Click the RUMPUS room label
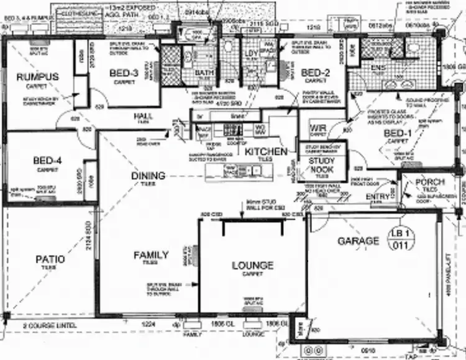38,77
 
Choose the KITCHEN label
266,151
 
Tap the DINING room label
148,176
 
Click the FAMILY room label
151,255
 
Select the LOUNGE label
252,266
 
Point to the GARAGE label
358,241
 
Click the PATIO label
50,259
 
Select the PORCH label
429,182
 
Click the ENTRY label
378,196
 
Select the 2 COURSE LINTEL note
49,325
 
